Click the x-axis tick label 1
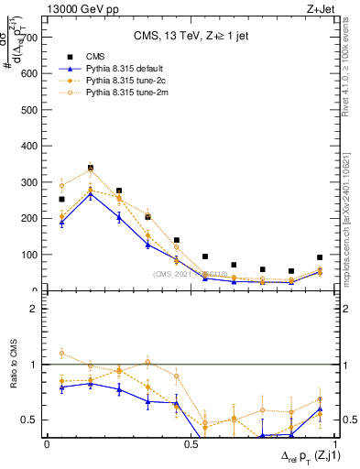pos(333,444)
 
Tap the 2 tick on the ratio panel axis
pos(34,310)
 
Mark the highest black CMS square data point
pos(91,169)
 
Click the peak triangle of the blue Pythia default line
pos(91,194)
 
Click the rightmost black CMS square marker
pos(320,257)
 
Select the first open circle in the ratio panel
pos(61,353)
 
